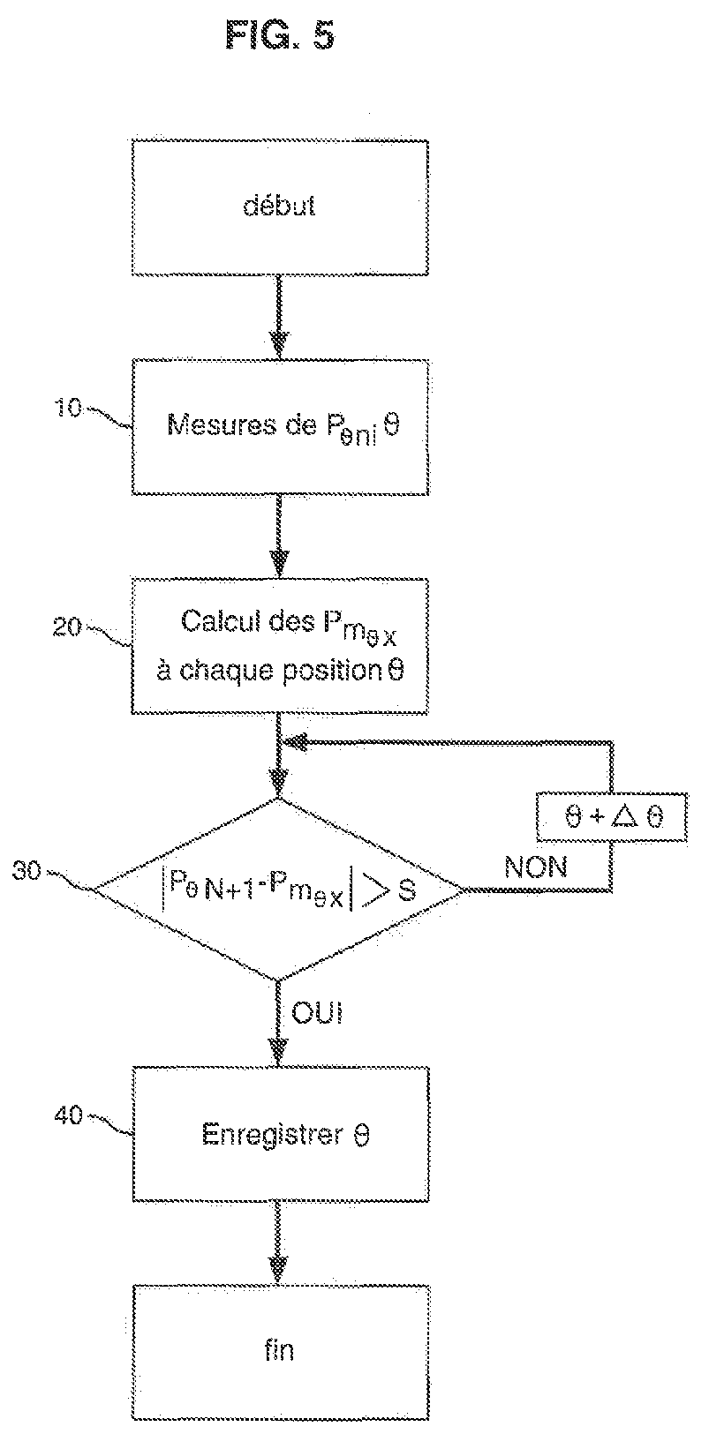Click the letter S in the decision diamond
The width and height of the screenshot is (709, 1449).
(x=407, y=890)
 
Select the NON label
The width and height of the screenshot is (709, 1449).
(x=536, y=867)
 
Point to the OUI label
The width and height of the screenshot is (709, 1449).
(x=316, y=1013)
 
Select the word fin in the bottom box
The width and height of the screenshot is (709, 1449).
(x=279, y=1350)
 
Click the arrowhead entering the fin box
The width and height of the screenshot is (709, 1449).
(x=279, y=1267)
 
